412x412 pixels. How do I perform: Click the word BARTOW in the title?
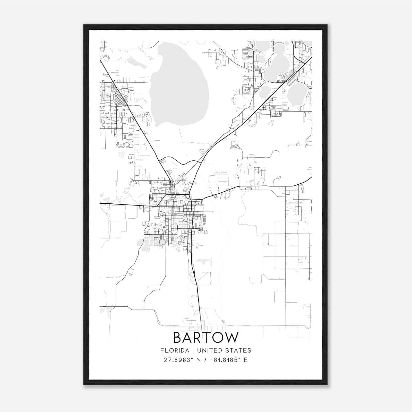206,337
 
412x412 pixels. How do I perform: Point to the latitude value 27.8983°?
178,360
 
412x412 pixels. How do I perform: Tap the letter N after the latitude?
198,360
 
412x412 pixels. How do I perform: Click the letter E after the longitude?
245,360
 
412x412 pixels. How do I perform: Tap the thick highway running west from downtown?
124,205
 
